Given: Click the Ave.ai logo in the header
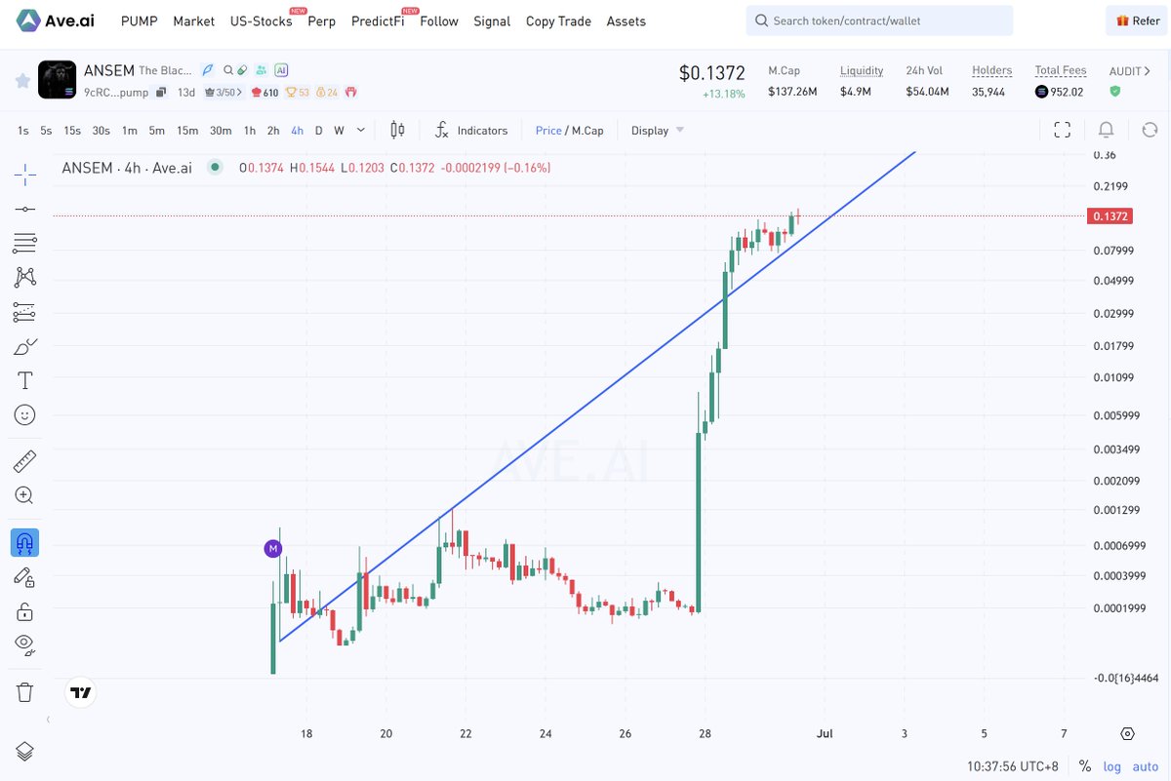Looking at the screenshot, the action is (55, 20).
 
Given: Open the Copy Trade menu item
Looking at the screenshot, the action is (558, 21).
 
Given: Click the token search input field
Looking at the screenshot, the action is (879, 20).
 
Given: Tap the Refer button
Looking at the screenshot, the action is (1137, 20).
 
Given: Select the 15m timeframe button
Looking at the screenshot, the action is (187, 131).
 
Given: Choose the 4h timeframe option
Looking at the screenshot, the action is (297, 131).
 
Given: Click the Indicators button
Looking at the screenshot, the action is (471, 130).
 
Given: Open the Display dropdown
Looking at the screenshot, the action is (657, 130).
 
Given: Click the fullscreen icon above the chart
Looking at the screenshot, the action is (1062, 130).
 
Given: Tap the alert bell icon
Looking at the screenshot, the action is (1106, 130).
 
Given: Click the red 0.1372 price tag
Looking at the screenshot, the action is (1110, 216).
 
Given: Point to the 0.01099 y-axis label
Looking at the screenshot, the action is (1113, 377).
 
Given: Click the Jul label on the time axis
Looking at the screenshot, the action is (825, 733).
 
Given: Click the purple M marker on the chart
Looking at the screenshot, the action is (273, 549).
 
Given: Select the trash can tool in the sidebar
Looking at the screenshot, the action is (24, 692).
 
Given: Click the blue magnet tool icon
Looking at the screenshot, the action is (24, 543).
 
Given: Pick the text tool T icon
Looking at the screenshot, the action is (24, 380).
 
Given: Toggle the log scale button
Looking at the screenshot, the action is (1111, 766).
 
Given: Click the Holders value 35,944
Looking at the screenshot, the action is (988, 92).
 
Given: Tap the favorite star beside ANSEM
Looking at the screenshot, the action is (22, 81).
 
